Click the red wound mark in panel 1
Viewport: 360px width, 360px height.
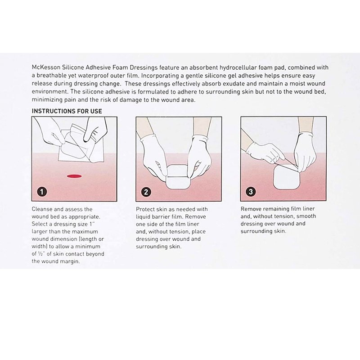[74, 176]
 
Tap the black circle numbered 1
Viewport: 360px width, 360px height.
[42, 192]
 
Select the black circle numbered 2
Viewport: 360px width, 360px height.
[146, 192]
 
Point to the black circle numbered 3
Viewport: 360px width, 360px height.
[251, 192]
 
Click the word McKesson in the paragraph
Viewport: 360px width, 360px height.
[46, 67]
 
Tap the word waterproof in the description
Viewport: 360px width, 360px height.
[86, 76]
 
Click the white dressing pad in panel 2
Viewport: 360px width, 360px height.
[178, 177]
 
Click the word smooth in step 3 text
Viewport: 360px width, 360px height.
[306, 216]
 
